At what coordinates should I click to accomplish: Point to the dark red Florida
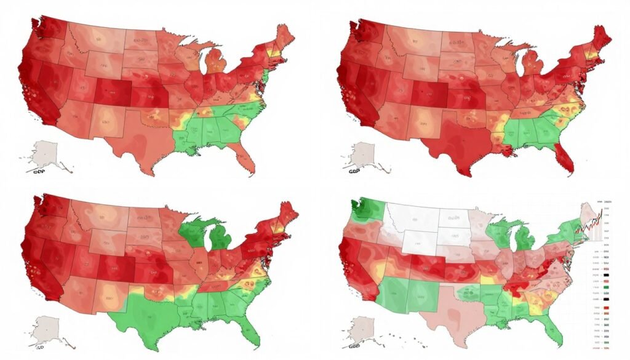565,158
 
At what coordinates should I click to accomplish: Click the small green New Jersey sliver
266,77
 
